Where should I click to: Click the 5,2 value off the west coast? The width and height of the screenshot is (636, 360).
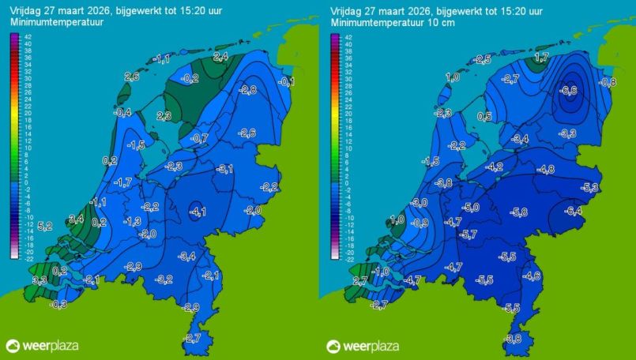coord(45,226)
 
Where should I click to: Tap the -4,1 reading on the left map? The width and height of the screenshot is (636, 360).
coord(199,211)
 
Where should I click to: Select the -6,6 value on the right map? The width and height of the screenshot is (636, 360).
coord(567,91)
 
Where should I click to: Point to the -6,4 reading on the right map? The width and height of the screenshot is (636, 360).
coord(573,210)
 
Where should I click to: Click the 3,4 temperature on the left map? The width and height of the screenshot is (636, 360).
coord(77,219)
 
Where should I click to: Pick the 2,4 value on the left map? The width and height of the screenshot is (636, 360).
coord(221,57)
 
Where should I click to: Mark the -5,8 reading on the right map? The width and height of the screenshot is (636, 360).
coord(518,212)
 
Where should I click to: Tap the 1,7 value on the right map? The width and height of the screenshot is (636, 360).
coord(542,57)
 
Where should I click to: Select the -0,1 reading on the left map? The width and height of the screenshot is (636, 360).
coord(287,82)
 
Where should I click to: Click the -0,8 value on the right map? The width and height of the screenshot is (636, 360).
coord(608,82)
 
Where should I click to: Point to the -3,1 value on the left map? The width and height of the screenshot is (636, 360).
coord(225,170)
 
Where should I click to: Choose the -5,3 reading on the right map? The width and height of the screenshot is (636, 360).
coord(589,187)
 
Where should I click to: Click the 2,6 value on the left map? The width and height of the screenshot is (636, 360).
coord(132,77)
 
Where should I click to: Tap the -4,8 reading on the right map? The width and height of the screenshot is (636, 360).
coord(545,170)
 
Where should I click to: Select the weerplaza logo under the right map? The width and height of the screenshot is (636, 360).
coord(363,346)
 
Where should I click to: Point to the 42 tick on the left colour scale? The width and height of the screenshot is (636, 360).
coord(27,37)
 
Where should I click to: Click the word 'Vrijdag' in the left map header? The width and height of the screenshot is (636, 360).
coord(26,11)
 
